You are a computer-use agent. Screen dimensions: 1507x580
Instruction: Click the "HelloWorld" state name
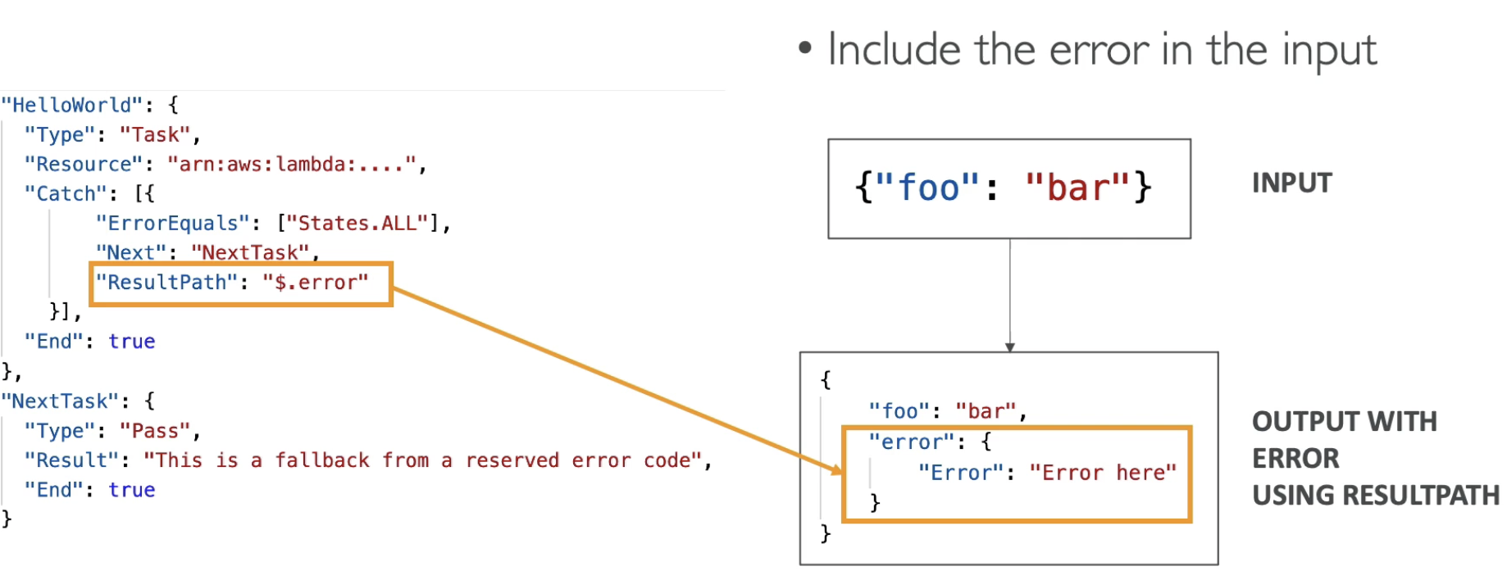[72, 106]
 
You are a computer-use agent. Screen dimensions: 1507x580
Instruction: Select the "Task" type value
[155, 135]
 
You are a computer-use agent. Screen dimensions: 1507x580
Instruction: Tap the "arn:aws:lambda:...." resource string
[292, 165]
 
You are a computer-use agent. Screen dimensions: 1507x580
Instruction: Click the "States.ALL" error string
[357, 224]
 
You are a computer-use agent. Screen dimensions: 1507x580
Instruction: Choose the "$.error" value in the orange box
[316, 283]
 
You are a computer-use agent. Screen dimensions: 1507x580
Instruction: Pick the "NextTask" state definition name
[60, 401]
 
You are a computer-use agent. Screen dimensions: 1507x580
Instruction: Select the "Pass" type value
[155, 431]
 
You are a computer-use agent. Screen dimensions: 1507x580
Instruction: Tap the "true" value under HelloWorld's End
[131, 342]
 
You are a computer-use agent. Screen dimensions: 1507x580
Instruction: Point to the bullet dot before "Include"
[805, 48]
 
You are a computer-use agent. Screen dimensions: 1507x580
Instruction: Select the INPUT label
[1292, 183]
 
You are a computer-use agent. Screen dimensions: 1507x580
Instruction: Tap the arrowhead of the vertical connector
[1010, 347]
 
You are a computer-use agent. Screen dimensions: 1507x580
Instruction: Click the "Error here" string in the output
[1103, 473]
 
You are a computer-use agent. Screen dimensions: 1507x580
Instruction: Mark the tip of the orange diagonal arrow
[842, 472]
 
